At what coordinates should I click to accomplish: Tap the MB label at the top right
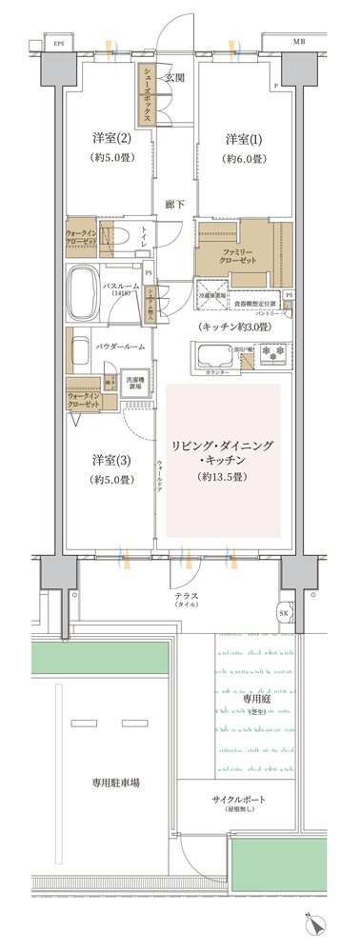point(299,43)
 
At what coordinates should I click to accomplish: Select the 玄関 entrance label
point(174,77)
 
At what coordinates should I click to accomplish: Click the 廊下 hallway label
point(174,204)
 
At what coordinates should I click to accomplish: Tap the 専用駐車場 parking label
point(117,782)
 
